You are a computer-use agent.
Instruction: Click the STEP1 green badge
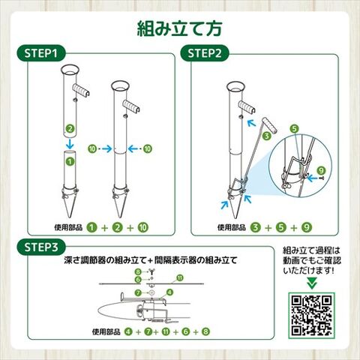pos(41,53)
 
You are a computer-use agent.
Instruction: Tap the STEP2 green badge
pos(205,53)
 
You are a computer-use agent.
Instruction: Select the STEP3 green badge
pos(41,247)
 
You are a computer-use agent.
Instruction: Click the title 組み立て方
pos(179,29)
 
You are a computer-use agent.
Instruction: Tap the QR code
pos(311,316)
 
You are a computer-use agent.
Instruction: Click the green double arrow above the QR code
pos(311,283)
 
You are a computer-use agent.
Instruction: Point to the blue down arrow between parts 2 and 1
pos(70,143)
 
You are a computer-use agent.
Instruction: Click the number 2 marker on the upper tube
pos(70,129)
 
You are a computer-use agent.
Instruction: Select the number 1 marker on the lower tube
pos(70,161)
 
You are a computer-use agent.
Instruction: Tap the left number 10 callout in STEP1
pos(92,149)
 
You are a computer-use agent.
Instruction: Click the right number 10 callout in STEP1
pos(148,149)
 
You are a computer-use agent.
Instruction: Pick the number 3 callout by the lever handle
pos(267,136)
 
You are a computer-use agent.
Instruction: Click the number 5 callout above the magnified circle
pos(295,129)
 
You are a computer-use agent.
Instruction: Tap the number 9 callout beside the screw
pos(321,171)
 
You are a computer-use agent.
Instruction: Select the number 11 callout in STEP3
pos(179,277)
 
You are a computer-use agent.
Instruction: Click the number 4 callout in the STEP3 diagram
pos(169,292)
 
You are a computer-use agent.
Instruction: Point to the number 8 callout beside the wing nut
pos(138,271)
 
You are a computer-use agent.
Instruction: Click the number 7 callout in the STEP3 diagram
pos(138,292)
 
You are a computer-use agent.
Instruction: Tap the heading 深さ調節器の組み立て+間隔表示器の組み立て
pos(151,260)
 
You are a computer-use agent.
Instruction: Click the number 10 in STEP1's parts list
pos(143,227)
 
